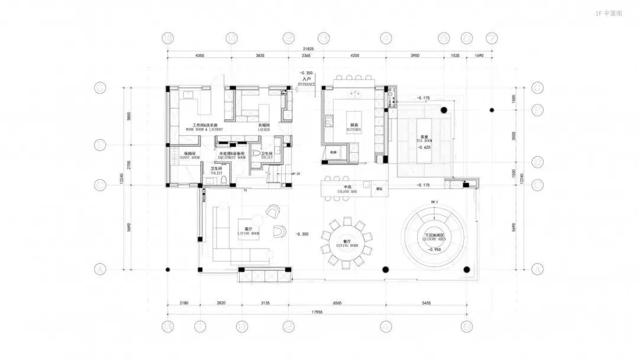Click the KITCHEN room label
(354, 128)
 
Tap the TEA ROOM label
(424, 139)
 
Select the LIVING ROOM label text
(248, 232)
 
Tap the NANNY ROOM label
(191, 156)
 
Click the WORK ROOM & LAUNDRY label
(204, 127)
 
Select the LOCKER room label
(264, 127)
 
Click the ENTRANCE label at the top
(306, 81)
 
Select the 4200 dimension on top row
(354, 55)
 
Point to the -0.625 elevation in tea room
(424, 147)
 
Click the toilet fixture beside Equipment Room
(257, 153)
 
